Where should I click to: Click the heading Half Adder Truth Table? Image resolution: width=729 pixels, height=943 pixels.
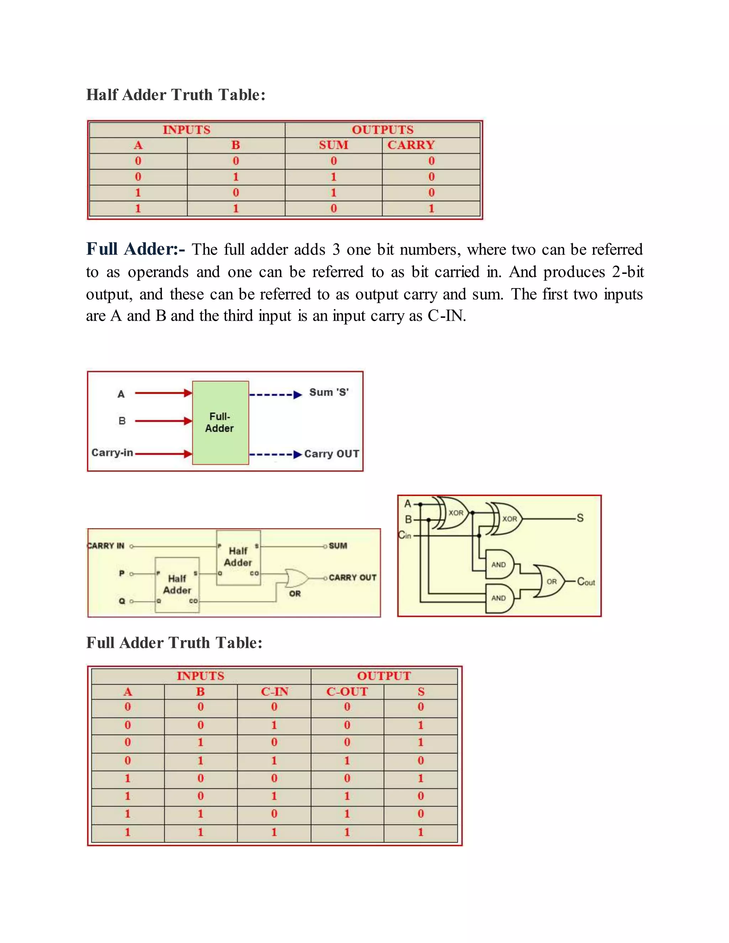click(176, 95)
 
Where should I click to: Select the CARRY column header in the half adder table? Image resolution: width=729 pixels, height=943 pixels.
click(411, 145)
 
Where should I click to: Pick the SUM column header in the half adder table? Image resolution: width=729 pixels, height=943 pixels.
click(334, 145)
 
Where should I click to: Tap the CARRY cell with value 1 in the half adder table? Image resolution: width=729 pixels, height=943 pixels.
click(431, 209)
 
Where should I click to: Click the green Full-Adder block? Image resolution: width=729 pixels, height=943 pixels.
click(220, 422)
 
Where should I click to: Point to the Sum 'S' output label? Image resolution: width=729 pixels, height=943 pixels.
click(329, 393)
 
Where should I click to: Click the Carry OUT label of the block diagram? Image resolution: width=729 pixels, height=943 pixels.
click(332, 454)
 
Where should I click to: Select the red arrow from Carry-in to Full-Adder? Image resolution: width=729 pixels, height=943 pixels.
click(163, 454)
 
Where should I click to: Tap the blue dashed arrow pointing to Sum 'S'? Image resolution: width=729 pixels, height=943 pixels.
click(275, 395)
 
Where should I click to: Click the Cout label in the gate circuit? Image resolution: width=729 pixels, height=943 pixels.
click(586, 581)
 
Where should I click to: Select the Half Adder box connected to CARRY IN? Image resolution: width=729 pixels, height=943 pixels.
click(238, 557)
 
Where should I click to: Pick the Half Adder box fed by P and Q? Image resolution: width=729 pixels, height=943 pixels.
click(177, 585)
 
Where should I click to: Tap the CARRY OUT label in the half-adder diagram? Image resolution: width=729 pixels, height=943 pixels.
click(352, 578)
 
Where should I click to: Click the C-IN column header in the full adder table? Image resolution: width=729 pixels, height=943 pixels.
click(274, 692)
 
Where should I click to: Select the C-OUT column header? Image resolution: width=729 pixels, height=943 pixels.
click(347, 692)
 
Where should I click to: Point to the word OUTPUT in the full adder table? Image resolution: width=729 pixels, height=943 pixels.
click(384, 676)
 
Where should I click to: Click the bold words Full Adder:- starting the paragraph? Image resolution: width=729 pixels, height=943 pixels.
click(136, 249)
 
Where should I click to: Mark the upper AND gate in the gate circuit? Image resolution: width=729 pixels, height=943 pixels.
click(499, 564)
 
